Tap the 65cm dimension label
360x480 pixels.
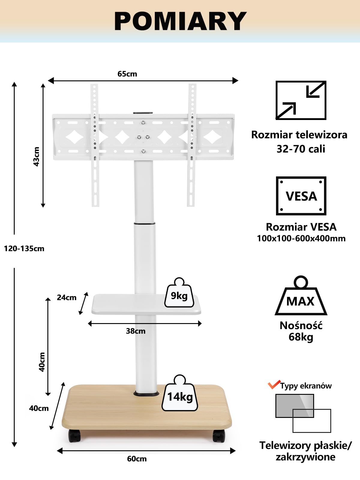[x=127, y=74]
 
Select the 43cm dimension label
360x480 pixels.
[x=37, y=157]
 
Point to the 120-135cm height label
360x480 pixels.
[x=24, y=249]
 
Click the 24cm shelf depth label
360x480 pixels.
[x=67, y=297]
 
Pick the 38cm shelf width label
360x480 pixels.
[x=136, y=331]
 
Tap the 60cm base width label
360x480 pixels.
[x=137, y=459]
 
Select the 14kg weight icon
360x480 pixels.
[x=180, y=393]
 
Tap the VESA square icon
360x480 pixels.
[x=301, y=196]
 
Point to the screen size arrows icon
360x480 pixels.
[x=301, y=100]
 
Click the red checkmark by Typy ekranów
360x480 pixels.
[x=274, y=384]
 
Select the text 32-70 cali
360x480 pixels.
[x=301, y=149]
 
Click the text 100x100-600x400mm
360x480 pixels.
[x=301, y=238]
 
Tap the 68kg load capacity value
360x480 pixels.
[x=301, y=337]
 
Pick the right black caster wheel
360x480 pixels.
[x=219, y=436]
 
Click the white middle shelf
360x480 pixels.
[x=146, y=304]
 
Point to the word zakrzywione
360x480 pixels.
[x=305, y=457]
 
